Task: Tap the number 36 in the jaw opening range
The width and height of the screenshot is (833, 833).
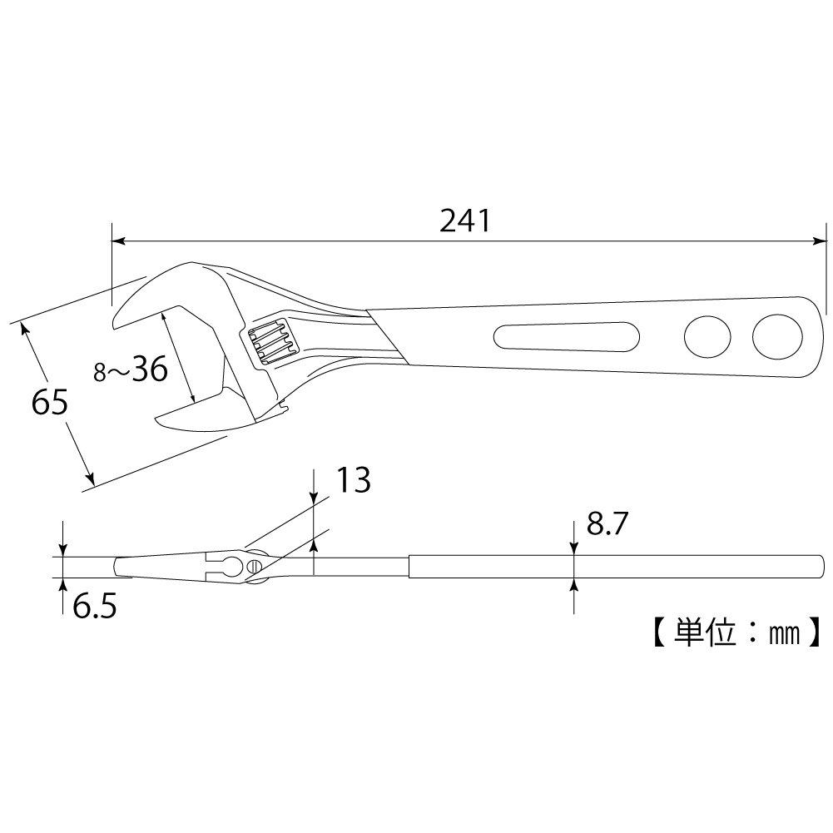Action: [x=149, y=369]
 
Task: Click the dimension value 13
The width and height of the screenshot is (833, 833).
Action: [x=353, y=480]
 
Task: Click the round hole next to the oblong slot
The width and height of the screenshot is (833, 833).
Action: [x=707, y=337]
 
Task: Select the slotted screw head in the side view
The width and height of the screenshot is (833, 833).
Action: [x=253, y=567]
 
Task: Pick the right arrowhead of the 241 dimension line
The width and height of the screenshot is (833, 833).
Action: [x=817, y=242]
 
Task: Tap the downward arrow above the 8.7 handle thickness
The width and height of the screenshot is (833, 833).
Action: [x=574, y=547]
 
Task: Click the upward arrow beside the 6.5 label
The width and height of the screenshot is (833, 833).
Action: [x=64, y=585]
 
